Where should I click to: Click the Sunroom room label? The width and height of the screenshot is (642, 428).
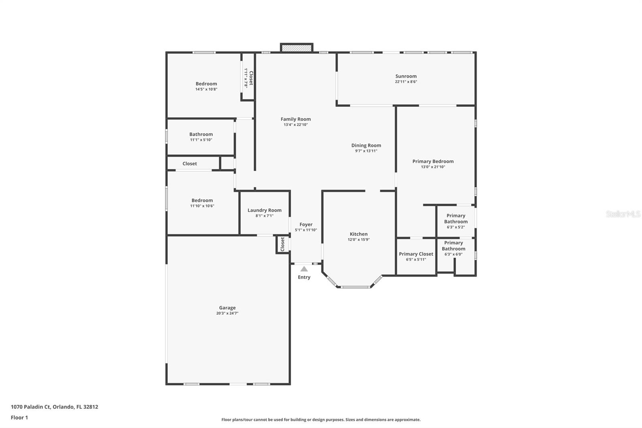coord(406,76)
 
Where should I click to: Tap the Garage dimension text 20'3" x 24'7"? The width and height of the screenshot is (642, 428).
coord(227,313)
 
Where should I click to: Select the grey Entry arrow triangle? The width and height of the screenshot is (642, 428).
coord(304,269)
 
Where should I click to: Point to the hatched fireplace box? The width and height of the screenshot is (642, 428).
coord(297,48)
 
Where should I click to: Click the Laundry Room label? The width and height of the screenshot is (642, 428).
coord(264,210)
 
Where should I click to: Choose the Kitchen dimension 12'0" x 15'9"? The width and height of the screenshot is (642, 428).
coord(359,240)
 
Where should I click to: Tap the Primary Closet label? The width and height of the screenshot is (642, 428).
coord(416,254)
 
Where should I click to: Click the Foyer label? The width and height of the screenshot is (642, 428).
coord(306,224)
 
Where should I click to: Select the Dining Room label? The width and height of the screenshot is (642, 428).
coord(366,145)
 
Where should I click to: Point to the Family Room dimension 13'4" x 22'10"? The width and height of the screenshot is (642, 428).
coord(295,125)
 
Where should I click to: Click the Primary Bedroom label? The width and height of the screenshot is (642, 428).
coord(433,161)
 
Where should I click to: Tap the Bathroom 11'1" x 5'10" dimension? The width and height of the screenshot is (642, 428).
coord(201,140)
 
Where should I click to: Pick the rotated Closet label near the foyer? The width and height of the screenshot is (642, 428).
coord(282,244)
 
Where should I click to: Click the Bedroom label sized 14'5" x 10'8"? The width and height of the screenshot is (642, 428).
coord(206,84)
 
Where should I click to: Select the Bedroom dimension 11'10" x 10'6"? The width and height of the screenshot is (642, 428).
coord(202,206)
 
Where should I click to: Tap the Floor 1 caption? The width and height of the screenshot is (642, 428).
coord(19,418)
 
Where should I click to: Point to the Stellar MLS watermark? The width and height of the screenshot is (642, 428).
coord(623,214)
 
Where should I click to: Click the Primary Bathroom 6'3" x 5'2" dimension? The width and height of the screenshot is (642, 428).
coord(456,227)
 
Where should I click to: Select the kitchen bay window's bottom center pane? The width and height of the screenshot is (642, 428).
coord(355,287)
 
